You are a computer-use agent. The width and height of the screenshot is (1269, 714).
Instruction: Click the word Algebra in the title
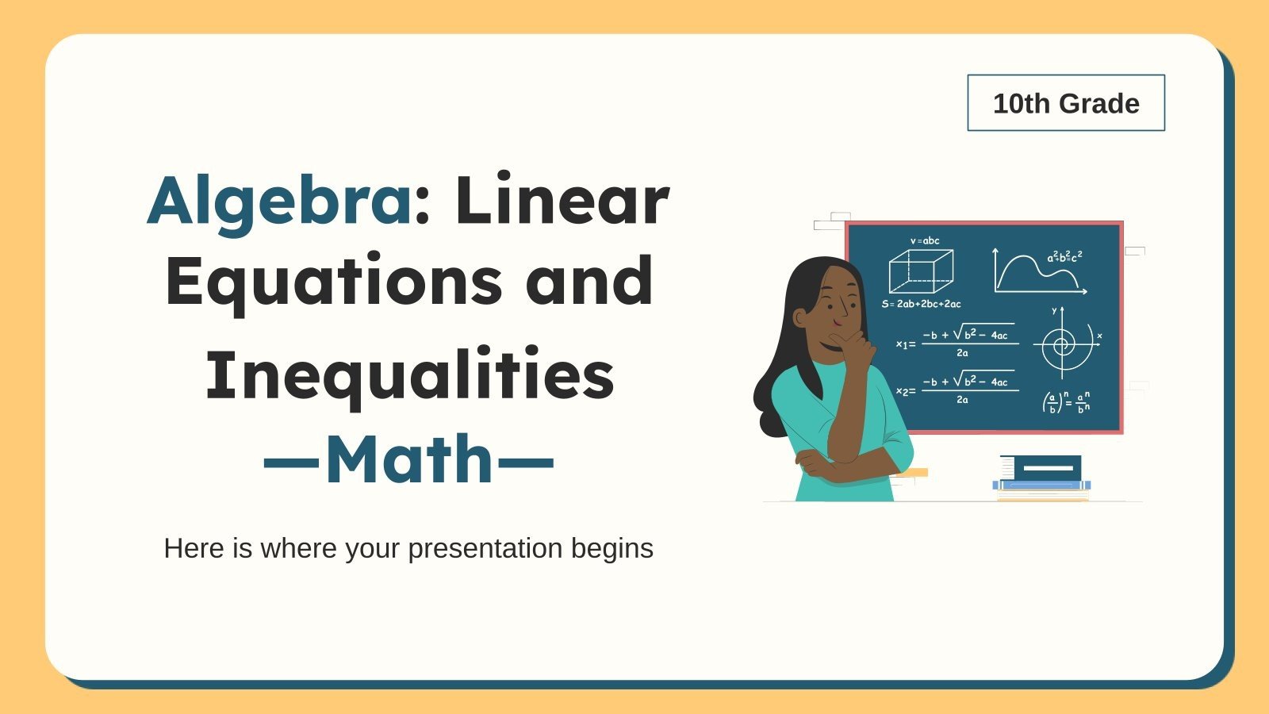[x=278, y=201]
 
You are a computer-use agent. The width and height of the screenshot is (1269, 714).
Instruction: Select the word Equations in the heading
[x=333, y=282]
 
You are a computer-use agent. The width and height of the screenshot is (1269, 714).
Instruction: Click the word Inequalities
[x=409, y=374]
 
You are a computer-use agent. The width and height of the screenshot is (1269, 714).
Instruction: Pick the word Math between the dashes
[x=409, y=459]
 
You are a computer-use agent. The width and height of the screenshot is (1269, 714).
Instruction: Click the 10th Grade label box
[x=1065, y=103]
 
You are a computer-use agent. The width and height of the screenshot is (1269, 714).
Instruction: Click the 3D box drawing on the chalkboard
[x=920, y=271]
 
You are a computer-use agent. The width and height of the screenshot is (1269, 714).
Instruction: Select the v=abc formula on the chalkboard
[x=925, y=240]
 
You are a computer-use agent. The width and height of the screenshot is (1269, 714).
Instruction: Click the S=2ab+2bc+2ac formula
[x=921, y=304]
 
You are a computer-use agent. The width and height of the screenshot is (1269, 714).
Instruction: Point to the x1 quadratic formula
[x=958, y=340]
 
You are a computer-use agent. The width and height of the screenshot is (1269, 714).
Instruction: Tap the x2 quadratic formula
[x=958, y=387]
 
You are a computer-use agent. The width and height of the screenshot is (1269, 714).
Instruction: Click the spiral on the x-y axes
[x=1062, y=344]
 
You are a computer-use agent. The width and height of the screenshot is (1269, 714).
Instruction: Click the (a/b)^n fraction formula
[x=1066, y=402]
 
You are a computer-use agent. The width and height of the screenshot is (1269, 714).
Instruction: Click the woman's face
[x=838, y=305]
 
